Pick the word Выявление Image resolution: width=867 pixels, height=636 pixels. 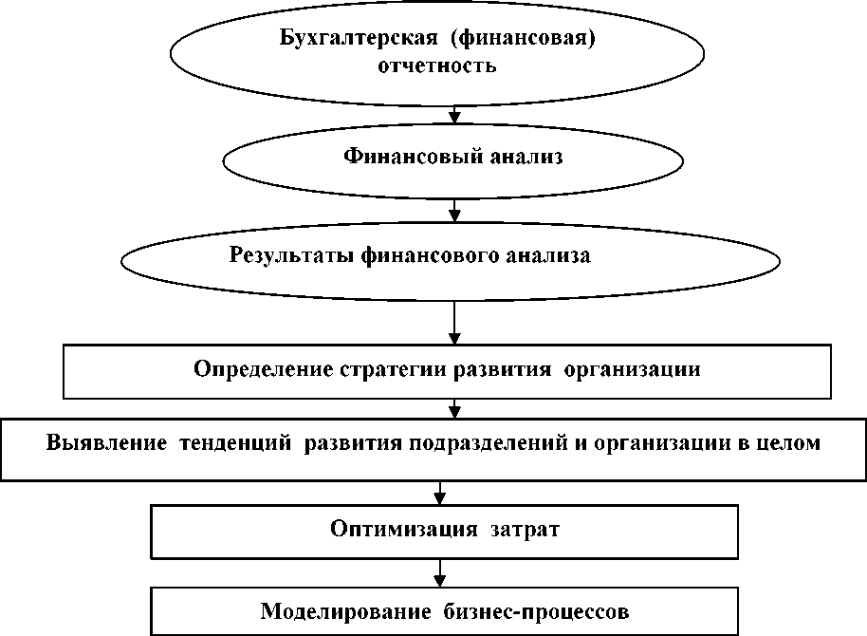(103, 443)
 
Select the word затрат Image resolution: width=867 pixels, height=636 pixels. (512, 529)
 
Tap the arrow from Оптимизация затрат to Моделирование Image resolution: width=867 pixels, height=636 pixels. (439, 573)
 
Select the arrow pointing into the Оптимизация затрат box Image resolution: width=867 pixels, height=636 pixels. (439, 491)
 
